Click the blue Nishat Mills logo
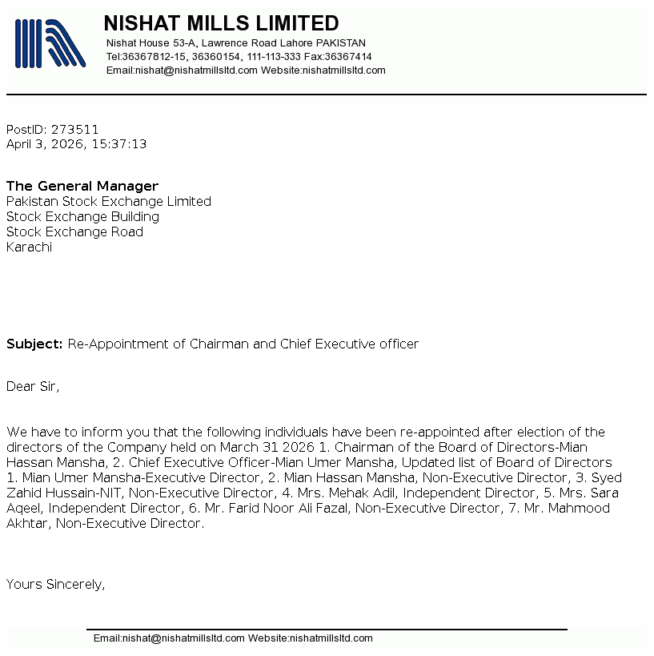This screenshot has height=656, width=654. point(50,42)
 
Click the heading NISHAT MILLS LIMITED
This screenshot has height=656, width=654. point(221,23)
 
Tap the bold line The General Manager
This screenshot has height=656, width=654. point(82,186)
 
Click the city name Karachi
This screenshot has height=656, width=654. point(29,247)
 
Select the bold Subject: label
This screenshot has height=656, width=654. point(34,344)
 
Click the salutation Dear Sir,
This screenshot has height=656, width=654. point(33,386)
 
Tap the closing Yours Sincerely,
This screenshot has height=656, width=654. point(55,584)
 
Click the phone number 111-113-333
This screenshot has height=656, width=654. point(274,57)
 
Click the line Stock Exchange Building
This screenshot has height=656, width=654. point(82,216)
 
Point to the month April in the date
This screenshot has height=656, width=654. point(21,144)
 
